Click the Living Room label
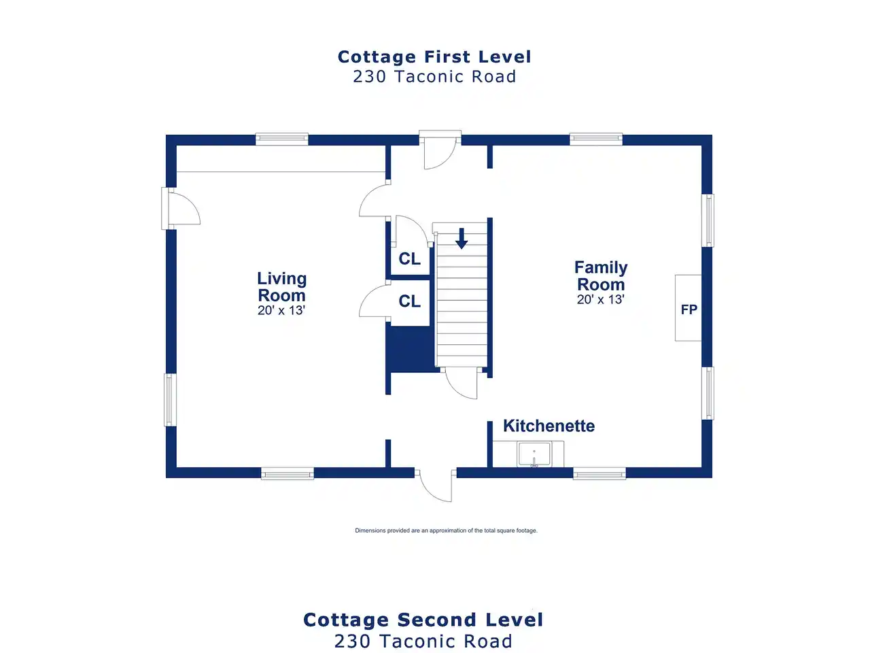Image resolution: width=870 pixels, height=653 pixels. coord(281,286)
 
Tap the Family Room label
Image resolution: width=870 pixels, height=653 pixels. coord(601,275)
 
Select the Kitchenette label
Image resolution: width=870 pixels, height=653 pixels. coord(549,426)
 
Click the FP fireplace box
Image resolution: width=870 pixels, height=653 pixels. coord(689,308)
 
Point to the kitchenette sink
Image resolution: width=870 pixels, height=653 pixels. coord(534,454)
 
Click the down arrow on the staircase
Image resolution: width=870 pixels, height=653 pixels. coord(462,238)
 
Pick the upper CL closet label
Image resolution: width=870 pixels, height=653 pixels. coord(409,259)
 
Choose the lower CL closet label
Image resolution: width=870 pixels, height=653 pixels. coord(409,301)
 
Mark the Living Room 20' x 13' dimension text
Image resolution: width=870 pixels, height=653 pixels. coord(281,310)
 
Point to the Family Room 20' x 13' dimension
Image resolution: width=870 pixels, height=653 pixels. coord(600,299)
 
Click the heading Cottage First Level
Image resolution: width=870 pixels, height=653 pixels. coord(434,56)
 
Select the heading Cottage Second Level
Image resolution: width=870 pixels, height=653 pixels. coord(423,620)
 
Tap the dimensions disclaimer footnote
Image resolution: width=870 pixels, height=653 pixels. coord(446,531)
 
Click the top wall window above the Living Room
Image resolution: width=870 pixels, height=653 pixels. coord(282,139)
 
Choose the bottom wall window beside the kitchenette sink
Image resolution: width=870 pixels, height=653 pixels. coord(599,473)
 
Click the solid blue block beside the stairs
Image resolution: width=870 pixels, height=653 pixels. coord(411,349)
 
